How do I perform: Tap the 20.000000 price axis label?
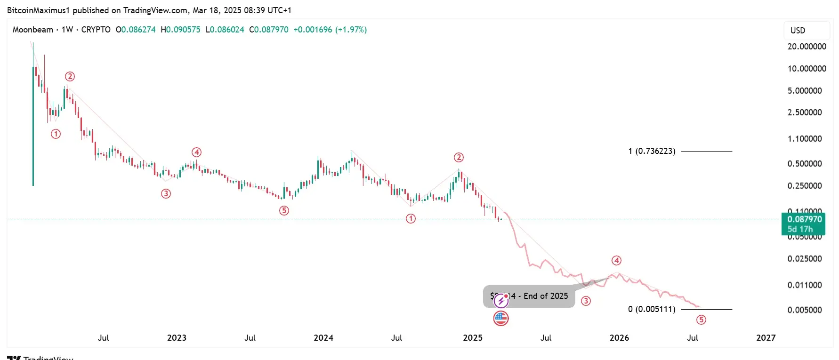tap(807, 47)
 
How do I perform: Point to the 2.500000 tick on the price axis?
tap(805, 112)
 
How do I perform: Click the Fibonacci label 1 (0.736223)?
tap(652, 151)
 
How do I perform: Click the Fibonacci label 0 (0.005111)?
tap(652, 309)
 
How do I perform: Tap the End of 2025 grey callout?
tap(529, 296)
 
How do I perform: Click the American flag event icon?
tap(501, 319)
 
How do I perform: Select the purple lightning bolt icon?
tap(501, 300)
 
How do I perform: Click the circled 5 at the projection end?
tap(701, 320)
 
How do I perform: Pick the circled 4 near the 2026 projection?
tap(616, 260)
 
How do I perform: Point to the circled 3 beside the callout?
tap(586, 301)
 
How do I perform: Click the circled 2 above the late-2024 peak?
tap(459, 157)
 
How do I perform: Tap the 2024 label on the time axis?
tap(323, 338)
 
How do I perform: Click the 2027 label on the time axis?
tap(766, 338)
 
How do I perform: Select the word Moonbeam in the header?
tap(33, 30)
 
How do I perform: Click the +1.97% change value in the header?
tap(351, 30)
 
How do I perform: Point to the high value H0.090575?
tap(180, 30)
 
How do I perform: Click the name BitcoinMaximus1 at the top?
tap(38, 10)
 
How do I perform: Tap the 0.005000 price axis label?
tap(805, 310)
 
